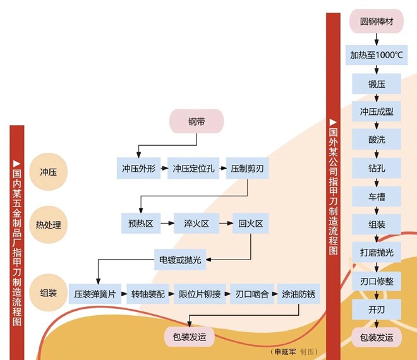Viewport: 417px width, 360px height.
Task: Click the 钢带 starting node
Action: [x=196, y=121]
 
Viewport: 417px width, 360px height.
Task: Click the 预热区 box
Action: [x=139, y=223]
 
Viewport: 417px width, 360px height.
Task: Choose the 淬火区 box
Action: [x=196, y=223]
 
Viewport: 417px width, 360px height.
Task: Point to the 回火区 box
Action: [x=251, y=223]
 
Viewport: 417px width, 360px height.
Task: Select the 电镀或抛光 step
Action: [x=179, y=258]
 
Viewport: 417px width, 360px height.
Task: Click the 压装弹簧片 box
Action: [x=95, y=294]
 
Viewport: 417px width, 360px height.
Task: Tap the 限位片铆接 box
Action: [x=201, y=294]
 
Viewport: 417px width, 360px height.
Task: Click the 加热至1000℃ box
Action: [x=376, y=54]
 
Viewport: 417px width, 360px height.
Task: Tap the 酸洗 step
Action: [x=376, y=139]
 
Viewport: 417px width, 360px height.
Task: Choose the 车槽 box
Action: [x=376, y=196]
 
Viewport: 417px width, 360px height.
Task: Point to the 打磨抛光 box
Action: [x=376, y=253]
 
